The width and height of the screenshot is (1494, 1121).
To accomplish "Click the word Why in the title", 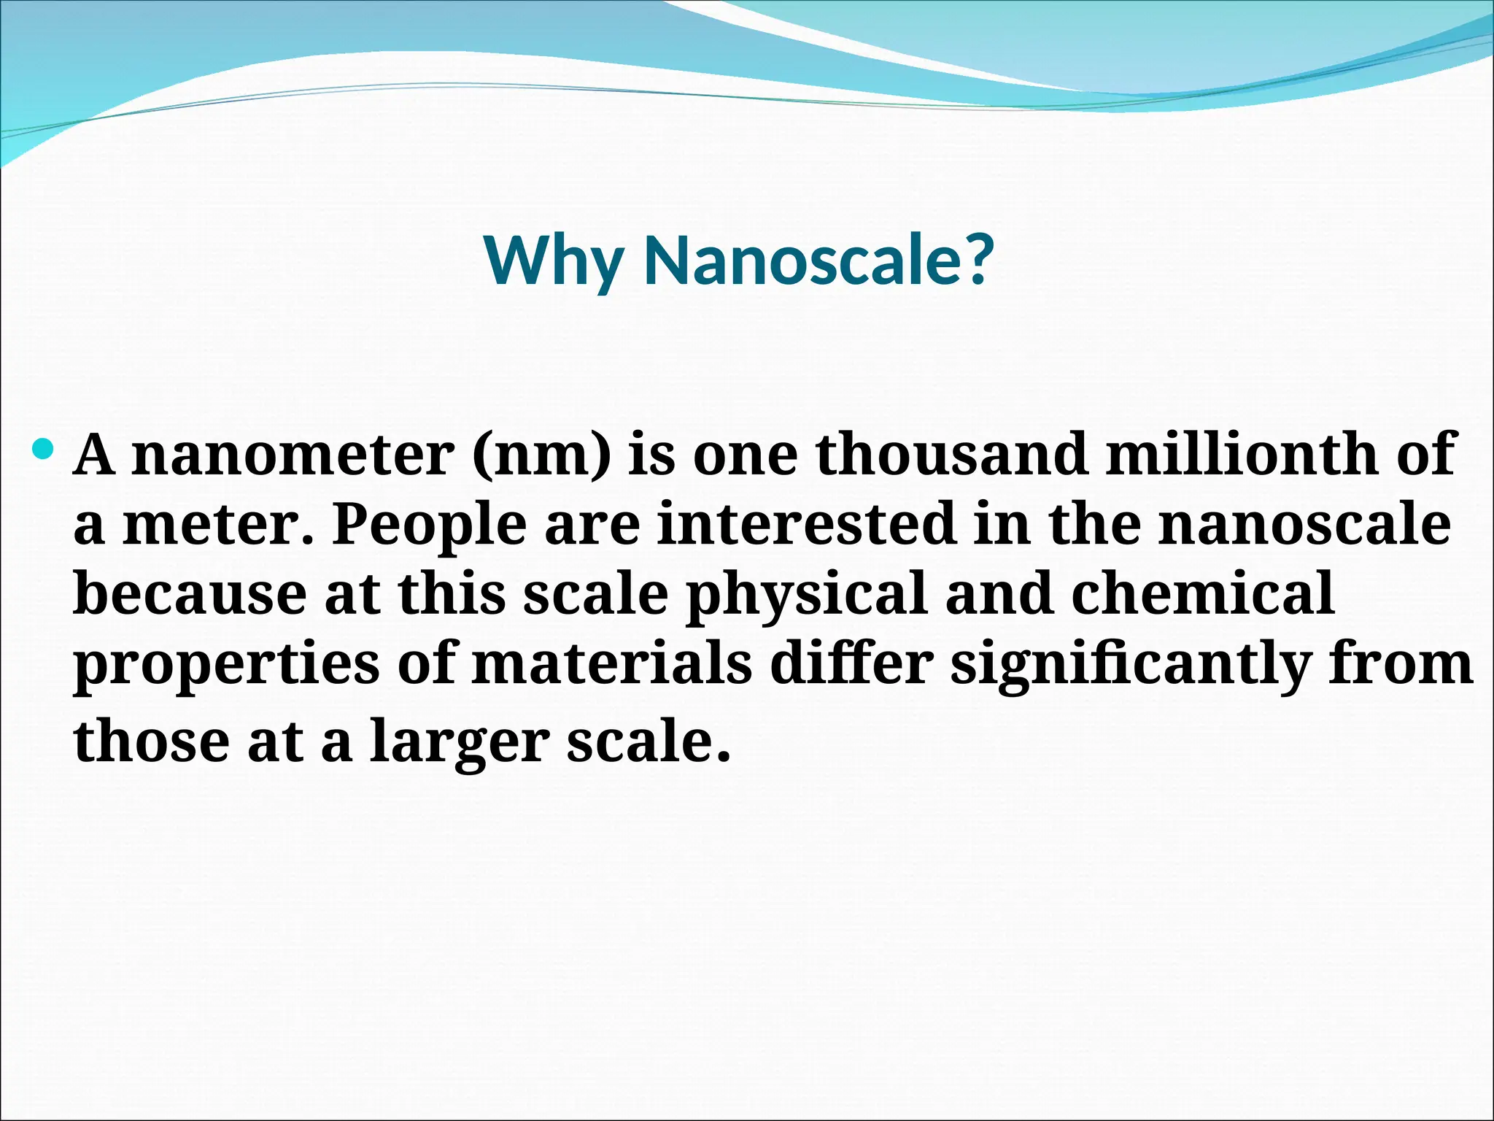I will point(553,262).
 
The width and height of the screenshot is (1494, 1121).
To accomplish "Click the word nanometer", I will point(293,455).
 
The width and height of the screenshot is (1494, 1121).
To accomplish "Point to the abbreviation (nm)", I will point(541,455).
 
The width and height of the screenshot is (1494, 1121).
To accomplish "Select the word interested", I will point(807,523).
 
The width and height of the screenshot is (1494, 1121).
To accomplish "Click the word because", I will point(190,593).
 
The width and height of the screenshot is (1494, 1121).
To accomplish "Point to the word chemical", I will point(1204,593).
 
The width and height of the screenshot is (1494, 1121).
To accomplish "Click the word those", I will point(152,740).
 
